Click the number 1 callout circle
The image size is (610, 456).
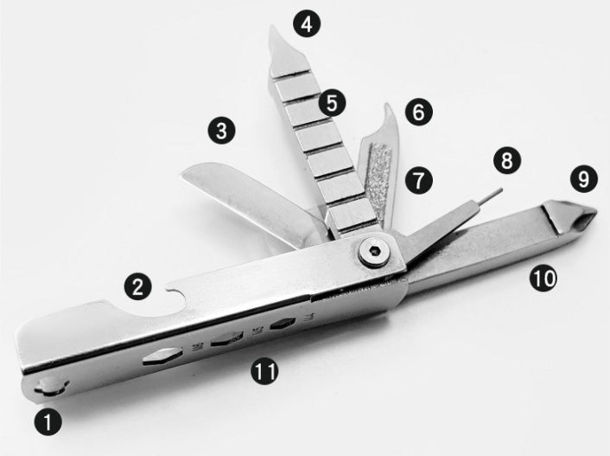click(x=48, y=421)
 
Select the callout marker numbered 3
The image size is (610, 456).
click(x=221, y=131)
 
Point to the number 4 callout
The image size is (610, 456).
click(x=305, y=23)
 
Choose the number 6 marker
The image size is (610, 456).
click(x=417, y=112)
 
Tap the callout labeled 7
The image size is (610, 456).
click(x=417, y=181)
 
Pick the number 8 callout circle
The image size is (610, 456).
click(x=506, y=160)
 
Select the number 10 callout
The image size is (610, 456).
click(x=543, y=277)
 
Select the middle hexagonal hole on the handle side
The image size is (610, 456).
click(x=225, y=337)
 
